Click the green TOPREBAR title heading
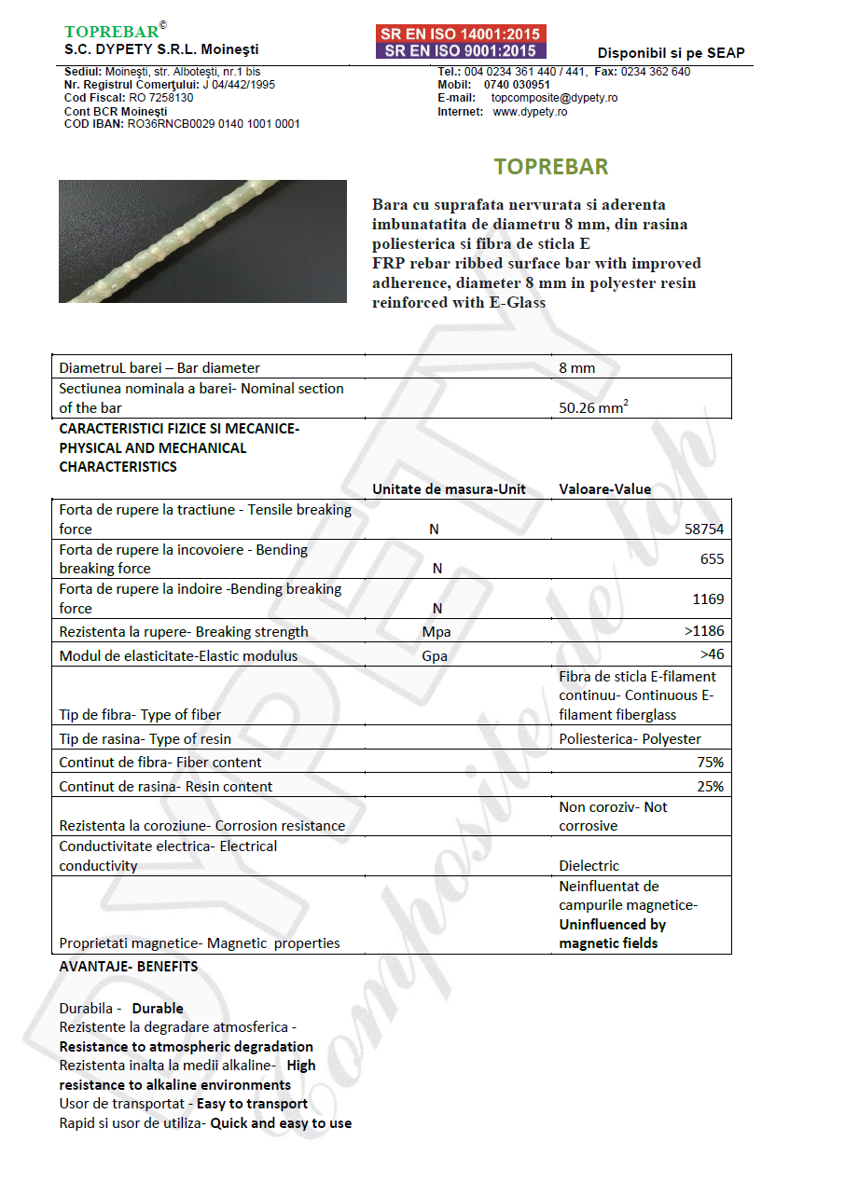(x=550, y=167)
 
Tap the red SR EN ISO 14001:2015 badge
(x=461, y=34)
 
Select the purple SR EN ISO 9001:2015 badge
(x=461, y=50)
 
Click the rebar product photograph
(x=202, y=241)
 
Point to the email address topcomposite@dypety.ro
(x=554, y=98)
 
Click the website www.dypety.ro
(x=530, y=112)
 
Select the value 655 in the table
(x=712, y=559)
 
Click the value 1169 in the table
(x=708, y=598)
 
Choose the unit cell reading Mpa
(x=436, y=632)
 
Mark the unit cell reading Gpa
(x=435, y=656)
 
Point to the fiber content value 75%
(x=710, y=763)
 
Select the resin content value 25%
(x=710, y=787)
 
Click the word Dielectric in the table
(x=589, y=866)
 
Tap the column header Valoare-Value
(x=604, y=488)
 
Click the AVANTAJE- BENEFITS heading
(x=129, y=967)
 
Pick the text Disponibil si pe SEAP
(x=671, y=53)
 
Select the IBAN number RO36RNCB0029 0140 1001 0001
(x=214, y=124)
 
